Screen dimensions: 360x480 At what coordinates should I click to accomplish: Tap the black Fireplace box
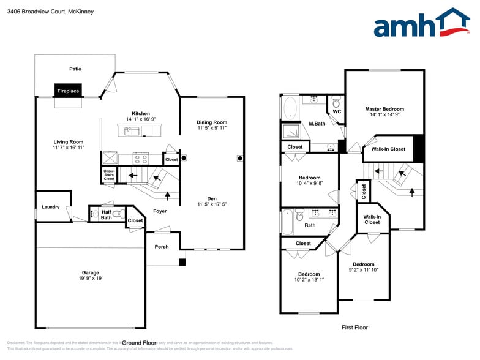tap(68, 91)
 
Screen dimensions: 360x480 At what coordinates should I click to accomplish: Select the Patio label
tap(75, 69)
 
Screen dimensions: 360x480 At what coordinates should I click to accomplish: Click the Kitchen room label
tap(141, 114)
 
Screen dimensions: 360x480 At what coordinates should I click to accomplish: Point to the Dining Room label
tap(212, 122)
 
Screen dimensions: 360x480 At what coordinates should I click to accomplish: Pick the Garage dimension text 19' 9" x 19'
tap(91, 279)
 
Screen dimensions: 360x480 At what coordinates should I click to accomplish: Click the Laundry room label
tap(51, 207)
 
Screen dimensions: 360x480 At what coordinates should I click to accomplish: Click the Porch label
tap(162, 247)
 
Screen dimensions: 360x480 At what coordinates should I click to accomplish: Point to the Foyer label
tap(160, 211)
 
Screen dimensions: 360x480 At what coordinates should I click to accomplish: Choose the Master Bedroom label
tap(384, 109)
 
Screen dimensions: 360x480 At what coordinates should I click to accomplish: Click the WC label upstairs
tap(337, 112)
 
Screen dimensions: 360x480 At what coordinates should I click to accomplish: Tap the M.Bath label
tap(317, 124)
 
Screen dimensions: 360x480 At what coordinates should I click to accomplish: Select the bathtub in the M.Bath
tap(290, 109)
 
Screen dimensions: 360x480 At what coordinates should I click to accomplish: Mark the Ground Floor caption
tap(140, 343)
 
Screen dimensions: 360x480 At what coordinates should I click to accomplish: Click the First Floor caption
tap(354, 328)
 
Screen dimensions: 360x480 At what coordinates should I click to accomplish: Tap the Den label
tap(212, 198)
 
